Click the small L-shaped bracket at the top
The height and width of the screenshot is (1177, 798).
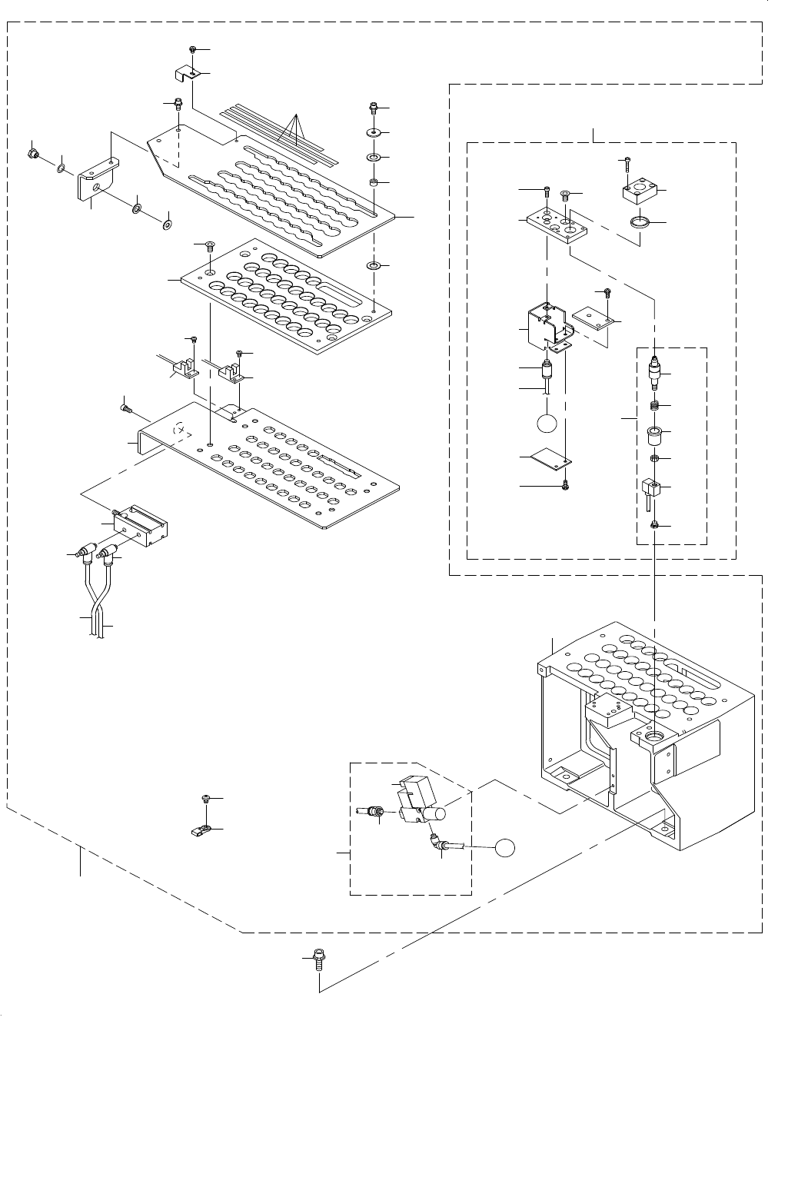(185, 75)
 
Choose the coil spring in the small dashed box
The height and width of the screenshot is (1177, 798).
(655, 406)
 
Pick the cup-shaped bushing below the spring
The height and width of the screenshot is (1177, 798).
(655, 436)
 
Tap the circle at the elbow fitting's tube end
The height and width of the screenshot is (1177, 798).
(504, 847)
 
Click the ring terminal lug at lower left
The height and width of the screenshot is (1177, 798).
(203, 830)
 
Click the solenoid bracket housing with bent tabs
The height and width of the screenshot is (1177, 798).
(549, 327)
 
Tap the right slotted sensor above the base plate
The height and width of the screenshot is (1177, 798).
(230, 374)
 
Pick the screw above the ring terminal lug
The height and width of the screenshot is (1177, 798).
(205, 799)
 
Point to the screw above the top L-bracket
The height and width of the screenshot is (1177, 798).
(193, 50)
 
